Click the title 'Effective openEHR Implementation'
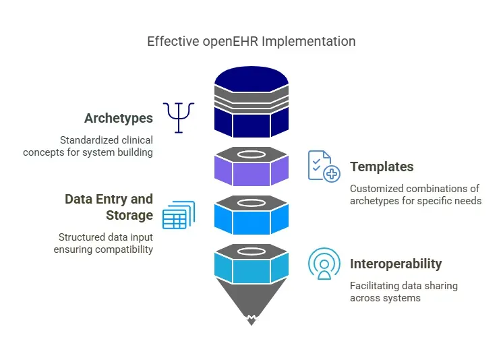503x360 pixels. click(251, 41)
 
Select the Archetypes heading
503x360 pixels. click(119, 119)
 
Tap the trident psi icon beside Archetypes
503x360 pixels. click(179, 117)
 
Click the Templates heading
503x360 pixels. click(382, 167)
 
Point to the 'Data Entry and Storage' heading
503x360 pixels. click(109, 207)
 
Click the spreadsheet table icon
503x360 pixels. click(178, 215)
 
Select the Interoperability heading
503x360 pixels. click(396, 264)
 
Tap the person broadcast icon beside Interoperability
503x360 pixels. click(324, 264)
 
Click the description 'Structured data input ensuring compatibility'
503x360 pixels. click(104, 243)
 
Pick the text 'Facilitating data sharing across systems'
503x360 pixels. click(403, 292)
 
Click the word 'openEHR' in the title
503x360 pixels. click(229, 41)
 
